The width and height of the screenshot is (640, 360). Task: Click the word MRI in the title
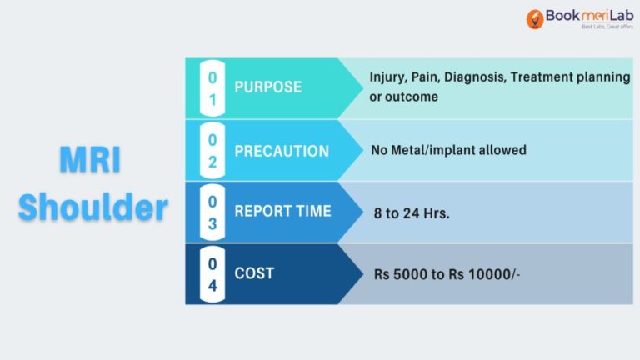[90, 159]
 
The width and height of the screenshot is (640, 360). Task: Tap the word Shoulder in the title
[93, 207]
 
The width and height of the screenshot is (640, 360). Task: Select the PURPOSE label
[268, 87]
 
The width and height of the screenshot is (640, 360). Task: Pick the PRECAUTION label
[282, 151]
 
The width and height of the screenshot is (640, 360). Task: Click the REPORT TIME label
[282, 211]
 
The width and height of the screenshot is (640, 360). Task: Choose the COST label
[254, 273]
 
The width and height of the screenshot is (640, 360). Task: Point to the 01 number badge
[212, 88]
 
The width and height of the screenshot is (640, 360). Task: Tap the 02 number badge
[212, 151]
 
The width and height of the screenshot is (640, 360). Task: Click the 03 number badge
[212, 212]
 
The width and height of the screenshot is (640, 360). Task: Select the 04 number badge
[212, 274]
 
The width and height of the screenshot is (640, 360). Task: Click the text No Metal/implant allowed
[448, 150]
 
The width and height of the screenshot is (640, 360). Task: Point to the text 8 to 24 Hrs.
[412, 213]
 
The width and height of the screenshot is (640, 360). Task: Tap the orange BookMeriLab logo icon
[535, 19]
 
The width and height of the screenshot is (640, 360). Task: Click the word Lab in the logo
[622, 16]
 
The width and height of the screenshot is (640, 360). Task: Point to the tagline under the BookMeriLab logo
[607, 27]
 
